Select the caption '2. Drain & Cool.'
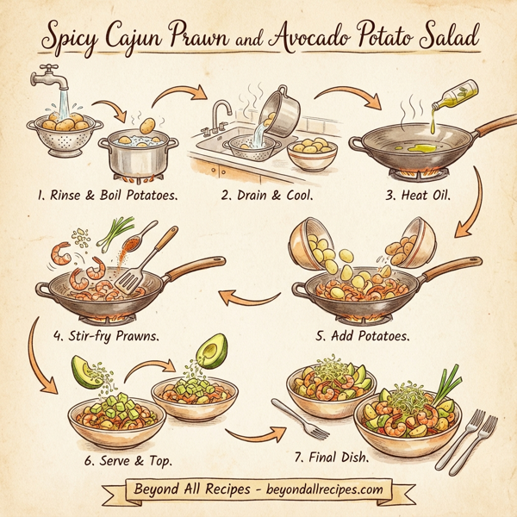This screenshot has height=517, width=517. point(265,195)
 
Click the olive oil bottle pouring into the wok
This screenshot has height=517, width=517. point(457,93)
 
